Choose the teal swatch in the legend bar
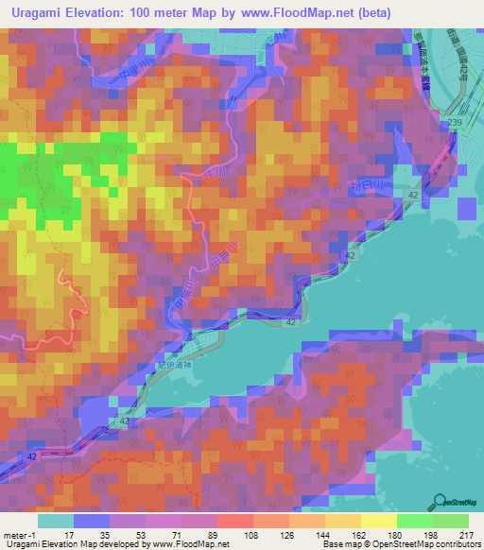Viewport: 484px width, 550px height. [x=56, y=521]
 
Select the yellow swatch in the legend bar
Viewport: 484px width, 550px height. [x=379, y=521]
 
